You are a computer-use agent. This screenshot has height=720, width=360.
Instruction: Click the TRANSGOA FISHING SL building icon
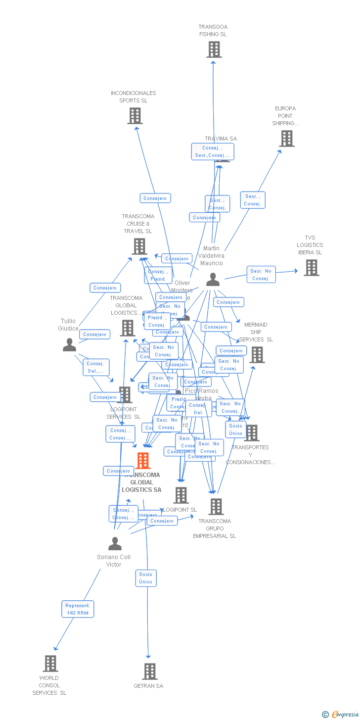[214, 49]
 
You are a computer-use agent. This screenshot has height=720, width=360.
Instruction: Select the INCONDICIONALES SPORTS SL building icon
[135, 116]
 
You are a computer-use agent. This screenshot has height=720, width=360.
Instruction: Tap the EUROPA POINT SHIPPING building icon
[287, 139]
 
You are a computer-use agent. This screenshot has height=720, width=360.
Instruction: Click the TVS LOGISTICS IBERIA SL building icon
[311, 268]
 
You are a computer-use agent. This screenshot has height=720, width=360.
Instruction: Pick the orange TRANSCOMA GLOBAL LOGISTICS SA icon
[143, 461]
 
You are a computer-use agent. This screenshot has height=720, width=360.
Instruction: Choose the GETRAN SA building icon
[150, 672]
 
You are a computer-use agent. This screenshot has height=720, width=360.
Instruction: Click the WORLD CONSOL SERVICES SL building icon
[50, 664]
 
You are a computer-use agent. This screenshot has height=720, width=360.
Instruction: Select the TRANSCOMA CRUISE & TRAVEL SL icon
[139, 246]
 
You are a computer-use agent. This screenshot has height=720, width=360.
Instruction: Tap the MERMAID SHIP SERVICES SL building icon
[257, 355]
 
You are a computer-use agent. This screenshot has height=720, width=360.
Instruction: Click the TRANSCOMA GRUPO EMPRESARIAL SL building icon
[216, 507]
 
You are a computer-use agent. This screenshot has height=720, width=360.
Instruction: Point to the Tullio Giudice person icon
[69, 345]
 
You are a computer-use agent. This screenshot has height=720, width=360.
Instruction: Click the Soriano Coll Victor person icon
[115, 544]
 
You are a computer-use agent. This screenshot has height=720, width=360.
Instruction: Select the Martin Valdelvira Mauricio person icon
[213, 280]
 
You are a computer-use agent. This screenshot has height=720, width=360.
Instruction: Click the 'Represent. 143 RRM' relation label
[78, 609]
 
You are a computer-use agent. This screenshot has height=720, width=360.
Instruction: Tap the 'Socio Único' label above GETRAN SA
[146, 578]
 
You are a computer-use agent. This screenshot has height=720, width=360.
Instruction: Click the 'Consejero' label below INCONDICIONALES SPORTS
[155, 198]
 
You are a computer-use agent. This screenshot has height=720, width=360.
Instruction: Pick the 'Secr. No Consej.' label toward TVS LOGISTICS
[261, 275]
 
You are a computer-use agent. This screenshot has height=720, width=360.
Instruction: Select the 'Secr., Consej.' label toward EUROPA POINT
[253, 200]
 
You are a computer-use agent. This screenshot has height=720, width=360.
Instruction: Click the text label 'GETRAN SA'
[148, 686]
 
